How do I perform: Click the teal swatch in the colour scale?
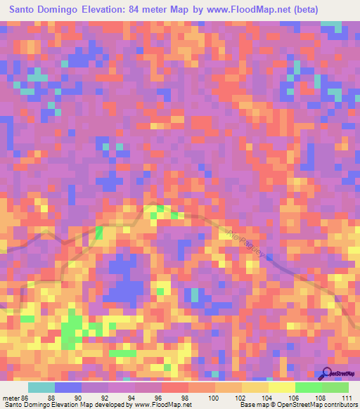[x=41, y=387]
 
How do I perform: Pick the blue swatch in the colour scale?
[x=68, y=387]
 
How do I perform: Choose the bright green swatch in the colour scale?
[x=308, y=387]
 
